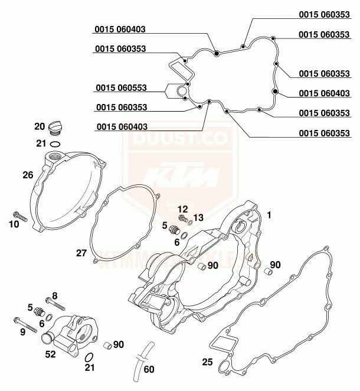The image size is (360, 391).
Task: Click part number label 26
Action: pos(27,175)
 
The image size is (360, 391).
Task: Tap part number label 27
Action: pos(81,253)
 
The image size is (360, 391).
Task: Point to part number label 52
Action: pos(51,355)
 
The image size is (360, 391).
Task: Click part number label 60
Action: pos(149,370)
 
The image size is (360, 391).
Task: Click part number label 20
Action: pos(40,126)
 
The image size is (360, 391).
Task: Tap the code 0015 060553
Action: pos(121,88)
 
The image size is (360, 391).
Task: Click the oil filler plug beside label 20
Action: pos(55,125)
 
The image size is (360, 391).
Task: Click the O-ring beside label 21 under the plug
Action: pos(55,143)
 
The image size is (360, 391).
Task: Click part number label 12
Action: pos(182,208)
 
